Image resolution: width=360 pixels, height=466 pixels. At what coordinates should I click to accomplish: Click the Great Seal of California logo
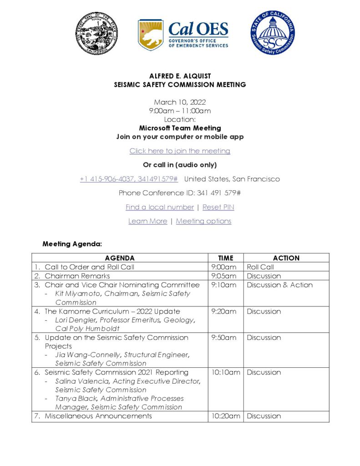point(97,33)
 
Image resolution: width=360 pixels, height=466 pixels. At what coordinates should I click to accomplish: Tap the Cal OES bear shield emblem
point(151,35)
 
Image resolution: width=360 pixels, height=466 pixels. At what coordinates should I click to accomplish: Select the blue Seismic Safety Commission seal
point(273,33)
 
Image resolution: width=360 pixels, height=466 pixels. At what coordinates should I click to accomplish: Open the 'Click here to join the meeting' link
point(180,151)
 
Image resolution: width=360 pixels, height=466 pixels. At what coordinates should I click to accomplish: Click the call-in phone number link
point(129,179)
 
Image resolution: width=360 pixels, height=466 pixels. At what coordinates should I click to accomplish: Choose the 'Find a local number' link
point(160,207)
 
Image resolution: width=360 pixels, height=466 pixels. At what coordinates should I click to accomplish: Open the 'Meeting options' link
point(203,221)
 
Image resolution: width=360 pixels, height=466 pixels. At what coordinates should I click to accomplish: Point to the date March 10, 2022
point(180,102)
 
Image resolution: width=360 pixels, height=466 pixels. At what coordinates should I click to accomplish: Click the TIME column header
point(225,258)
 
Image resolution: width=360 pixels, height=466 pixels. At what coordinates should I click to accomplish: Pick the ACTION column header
point(286,258)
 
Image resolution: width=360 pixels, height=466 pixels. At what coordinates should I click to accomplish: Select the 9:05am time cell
point(224,276)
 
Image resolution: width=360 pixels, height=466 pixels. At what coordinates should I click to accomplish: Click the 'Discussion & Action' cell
point(279,285)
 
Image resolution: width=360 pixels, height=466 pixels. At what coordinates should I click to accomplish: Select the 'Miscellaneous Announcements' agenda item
point(98,416)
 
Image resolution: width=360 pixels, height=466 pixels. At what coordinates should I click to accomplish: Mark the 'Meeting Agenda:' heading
point(72,244)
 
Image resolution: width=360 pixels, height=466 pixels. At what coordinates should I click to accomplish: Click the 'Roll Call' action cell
point(260,267)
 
